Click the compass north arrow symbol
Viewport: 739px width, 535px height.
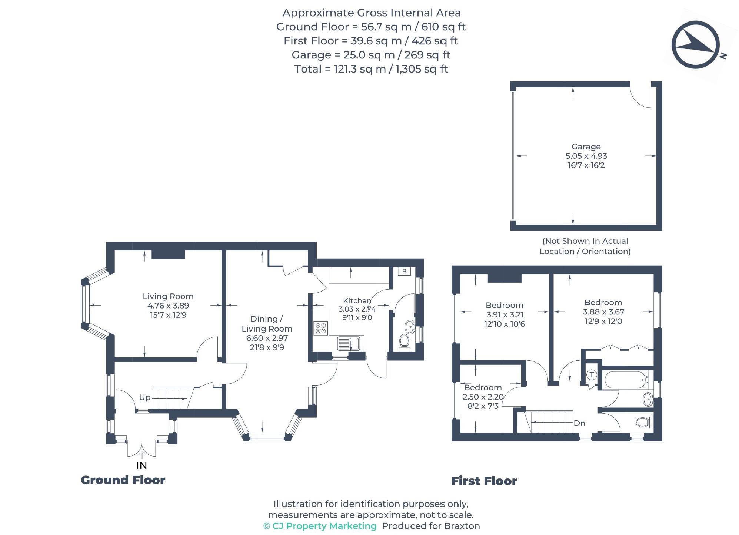tap(695, 45)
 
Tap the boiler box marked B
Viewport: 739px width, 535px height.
tap(404, 271)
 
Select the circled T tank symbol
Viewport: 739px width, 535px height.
tap(592, 375)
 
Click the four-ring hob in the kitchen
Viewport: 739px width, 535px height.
tap(321, 328)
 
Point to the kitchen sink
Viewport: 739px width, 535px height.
tap(348, 344)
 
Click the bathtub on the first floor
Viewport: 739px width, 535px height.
tap(626, 379)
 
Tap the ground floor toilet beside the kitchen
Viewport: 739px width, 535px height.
tap(404, 341)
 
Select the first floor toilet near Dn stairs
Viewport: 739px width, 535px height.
tap(644, 422)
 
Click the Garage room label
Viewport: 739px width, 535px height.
tap(586, 147)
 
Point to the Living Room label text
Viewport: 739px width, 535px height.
tap(168, 296)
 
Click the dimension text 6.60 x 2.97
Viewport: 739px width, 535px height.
tap(267, 338)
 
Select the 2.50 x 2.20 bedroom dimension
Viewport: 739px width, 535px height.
tap(483, 397)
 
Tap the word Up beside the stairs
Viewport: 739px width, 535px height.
tap(144, 397)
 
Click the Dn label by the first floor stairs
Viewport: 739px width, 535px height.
tap(579, 423)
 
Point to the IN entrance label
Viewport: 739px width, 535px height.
tap(142, 465)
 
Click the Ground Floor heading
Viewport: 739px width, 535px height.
tap(123, 480)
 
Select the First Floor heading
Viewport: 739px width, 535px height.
tap(483, 481)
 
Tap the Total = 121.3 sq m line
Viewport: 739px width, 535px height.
tap(371, 69)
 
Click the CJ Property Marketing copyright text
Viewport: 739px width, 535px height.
tap(320, 526)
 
